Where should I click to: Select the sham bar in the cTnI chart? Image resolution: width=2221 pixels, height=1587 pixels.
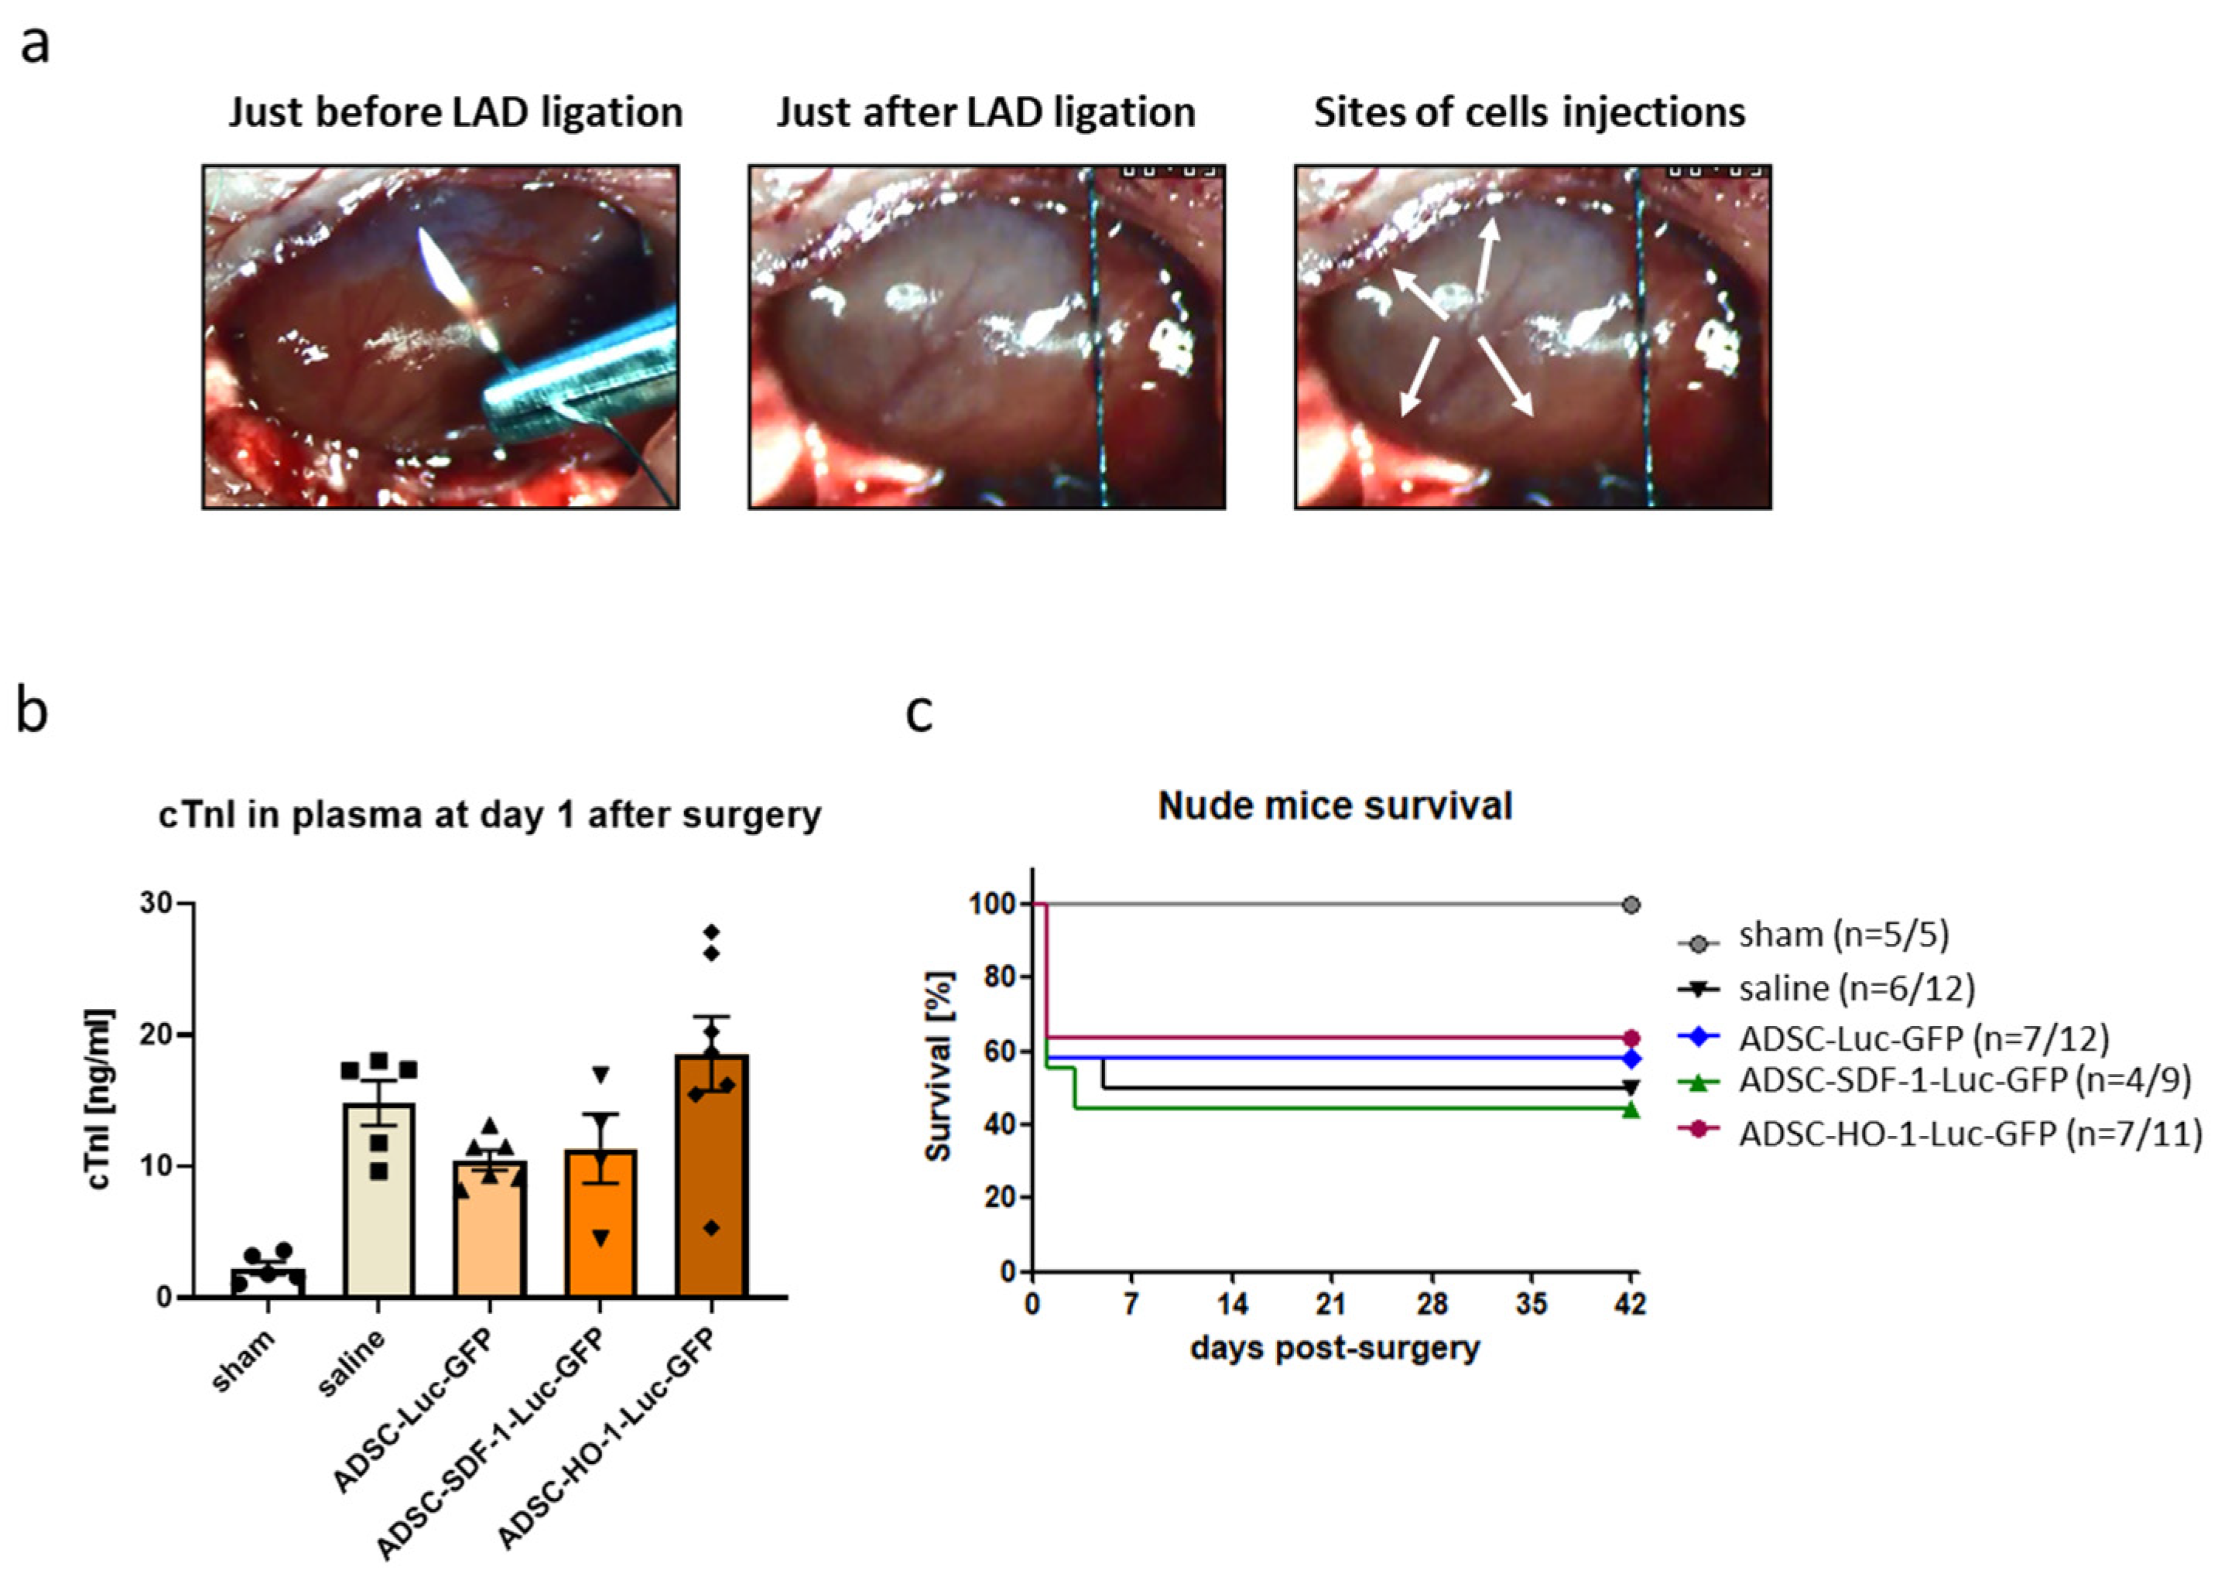pyautogui.click(x=268, y=1281)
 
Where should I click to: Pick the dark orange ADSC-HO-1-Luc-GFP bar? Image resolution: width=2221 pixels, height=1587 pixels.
pyautogui.click(x=711, y=1178)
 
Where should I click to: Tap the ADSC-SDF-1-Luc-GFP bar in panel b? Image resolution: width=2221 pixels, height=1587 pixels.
pyautogui.click(x=600, y=1223)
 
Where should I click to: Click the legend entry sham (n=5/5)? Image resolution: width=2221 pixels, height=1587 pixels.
pyautogui.click(x=1843, y=935)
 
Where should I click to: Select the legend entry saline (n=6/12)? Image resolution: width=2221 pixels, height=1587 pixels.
pyautogui.click(x=1856, y=988)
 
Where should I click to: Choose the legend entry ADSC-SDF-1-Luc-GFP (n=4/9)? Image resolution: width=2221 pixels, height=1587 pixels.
pyautogui.click(x=1964, y=1079)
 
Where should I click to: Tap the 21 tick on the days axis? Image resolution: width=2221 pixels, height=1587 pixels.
pyautogui.click(x=1332, y=1304)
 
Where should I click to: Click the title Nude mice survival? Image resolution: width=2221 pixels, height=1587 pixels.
pyautogui.click(x=1335, y=806)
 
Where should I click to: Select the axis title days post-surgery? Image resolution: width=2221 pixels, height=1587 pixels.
pyautogui.click(x=1335, y=1349)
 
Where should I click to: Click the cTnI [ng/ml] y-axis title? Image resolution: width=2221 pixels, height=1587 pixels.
pyautogui.click(x=101, y=1100)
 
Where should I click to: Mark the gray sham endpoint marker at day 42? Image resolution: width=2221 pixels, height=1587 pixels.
pyautogui.click(x=1631, y=905)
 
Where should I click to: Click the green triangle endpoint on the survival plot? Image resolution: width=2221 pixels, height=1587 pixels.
pyautogui.click(x=1631, y=1109)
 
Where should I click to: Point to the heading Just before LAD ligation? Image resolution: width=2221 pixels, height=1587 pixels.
pyautogui.click(x=455, y=112)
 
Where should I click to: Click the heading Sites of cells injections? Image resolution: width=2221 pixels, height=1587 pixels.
pyautogui.click(x=1529, y=112)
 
